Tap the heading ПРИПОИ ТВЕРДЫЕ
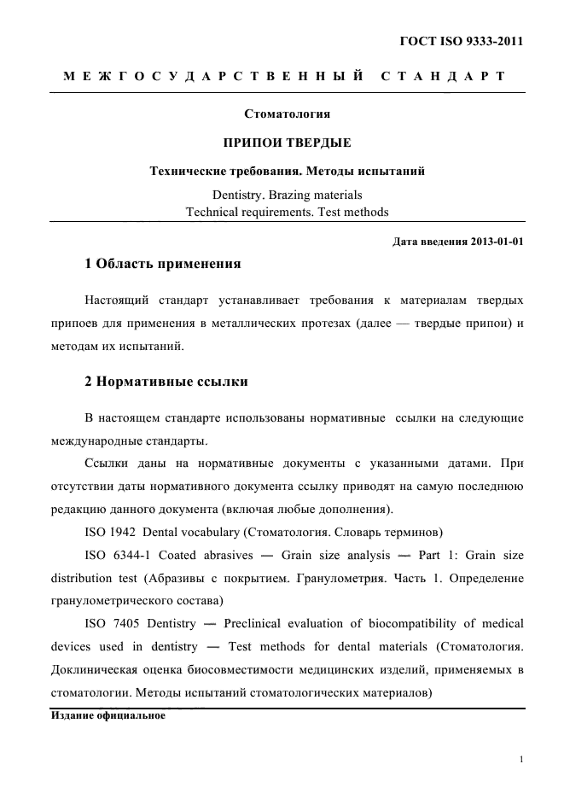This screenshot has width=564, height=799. [x=287, y=142]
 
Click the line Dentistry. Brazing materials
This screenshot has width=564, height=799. [x=287, y=195]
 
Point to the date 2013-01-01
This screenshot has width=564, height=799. [x=497, y=241]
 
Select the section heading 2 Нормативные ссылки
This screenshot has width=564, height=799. [x=166, y=382]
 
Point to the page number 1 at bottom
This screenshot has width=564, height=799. [x=520, y=758]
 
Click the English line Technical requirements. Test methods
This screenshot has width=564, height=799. [x=287, y=212]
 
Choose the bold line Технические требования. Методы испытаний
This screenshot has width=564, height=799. [x=287, y=172]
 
